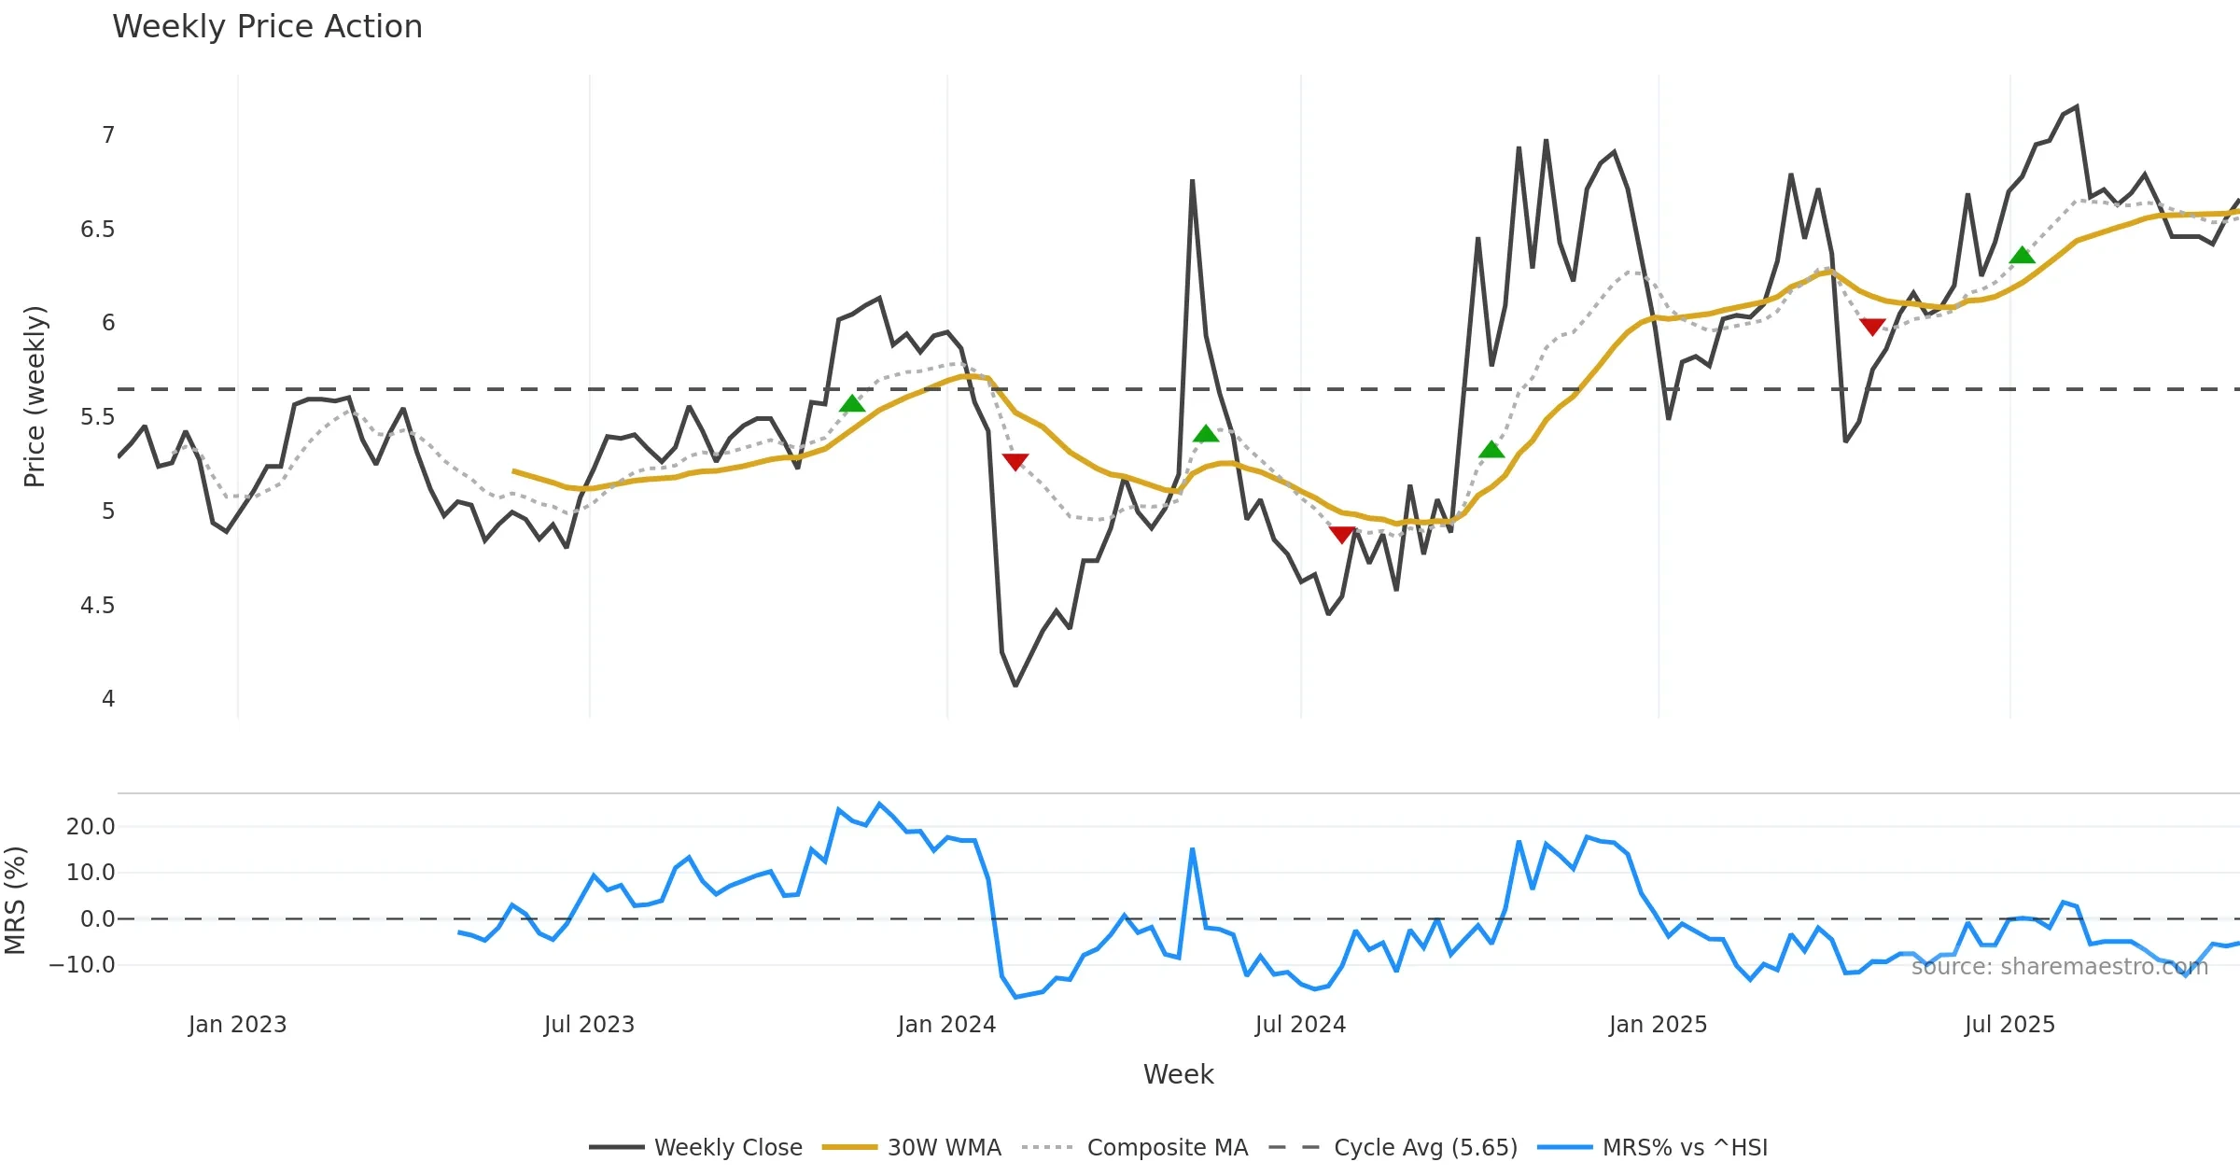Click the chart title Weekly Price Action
[267, 27]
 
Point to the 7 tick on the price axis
[108, 135]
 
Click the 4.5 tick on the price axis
[97, 606]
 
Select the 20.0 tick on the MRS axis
[91, 827]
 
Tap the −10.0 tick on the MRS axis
[82, 965]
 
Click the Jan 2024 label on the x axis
[946, 1025]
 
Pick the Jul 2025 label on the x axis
[2009, 1025]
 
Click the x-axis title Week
[1178, 1075]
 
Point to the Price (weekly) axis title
[35, 397]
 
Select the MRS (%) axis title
[15, 901]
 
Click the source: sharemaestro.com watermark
[2059, 967]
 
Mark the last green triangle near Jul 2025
[2022, 255]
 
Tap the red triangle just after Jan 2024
[1015, 462]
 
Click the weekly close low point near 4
[1015, 686]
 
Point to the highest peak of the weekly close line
[2077, 106]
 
